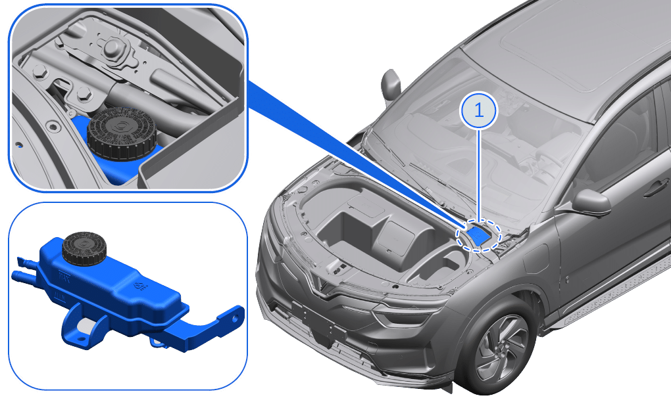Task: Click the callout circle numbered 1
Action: (478, 110)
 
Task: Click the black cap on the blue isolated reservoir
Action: (84, 248)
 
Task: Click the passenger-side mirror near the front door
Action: (591, 202)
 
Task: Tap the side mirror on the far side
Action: (390, 85)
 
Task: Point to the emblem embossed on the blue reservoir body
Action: (139, 286)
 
